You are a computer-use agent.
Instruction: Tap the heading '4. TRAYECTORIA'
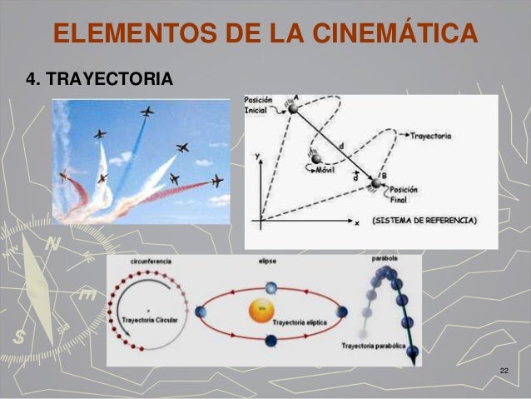(x=100, y=79)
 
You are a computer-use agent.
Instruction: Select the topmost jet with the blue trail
(x=147, y=112)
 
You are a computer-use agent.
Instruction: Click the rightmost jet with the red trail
(x=217, y=181)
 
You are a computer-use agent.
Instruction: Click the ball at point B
(x=378, y=182)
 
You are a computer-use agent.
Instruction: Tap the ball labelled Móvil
(x=316, y=157)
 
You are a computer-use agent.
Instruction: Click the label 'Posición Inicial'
(x=260, y=106)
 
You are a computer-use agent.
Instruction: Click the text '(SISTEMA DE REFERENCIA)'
(x=424, y=221)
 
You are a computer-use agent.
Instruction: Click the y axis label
(x=259, y=155)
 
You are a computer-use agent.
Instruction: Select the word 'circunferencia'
(x=151, y=262)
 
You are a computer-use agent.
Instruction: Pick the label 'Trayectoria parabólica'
(x=374, y=345)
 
